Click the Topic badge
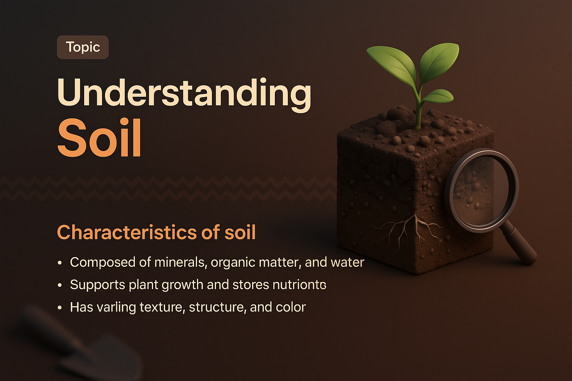83,47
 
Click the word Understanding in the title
184,93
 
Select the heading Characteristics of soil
156,233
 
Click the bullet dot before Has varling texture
60,308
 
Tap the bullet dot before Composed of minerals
60,263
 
